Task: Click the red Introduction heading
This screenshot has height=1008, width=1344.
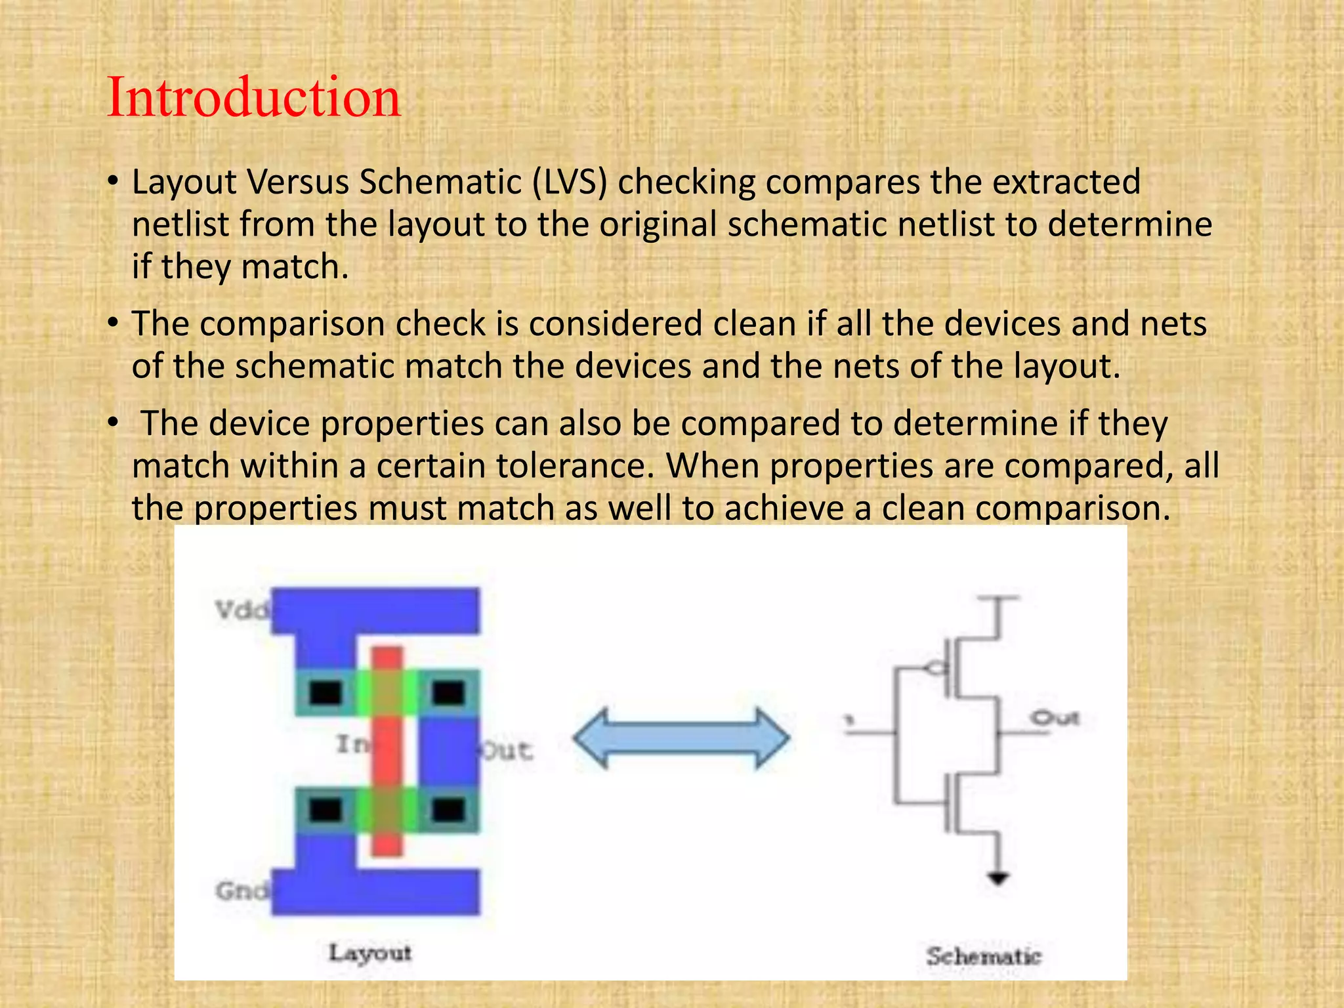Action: coord(253,97)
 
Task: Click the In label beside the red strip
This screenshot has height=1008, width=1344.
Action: coord(353,744)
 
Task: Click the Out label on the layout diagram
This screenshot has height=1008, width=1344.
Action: coord(508,750)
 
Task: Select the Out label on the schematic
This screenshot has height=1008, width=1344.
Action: coord(1054,718)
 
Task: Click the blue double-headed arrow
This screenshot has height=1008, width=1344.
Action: coord(681,738)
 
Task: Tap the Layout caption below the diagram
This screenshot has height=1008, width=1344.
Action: coord(369,952)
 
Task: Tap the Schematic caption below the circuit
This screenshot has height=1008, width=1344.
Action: coord(983,956)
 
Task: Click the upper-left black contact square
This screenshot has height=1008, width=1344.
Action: coord(325,692)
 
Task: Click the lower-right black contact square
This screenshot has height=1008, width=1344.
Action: coord(449,810)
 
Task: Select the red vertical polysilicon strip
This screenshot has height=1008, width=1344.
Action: coord(387,751)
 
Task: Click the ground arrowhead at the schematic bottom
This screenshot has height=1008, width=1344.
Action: coord(997,878)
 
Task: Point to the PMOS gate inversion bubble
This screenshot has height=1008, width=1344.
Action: coord(934,669)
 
